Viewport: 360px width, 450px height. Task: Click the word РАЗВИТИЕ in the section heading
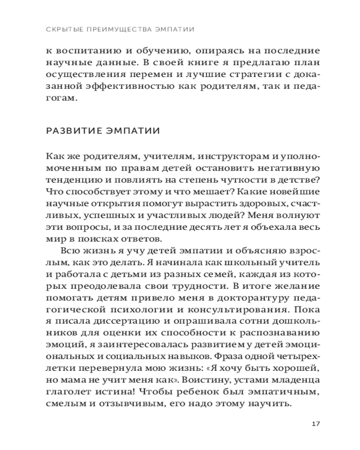(72, 131)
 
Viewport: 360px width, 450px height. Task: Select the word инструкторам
(210, 156)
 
